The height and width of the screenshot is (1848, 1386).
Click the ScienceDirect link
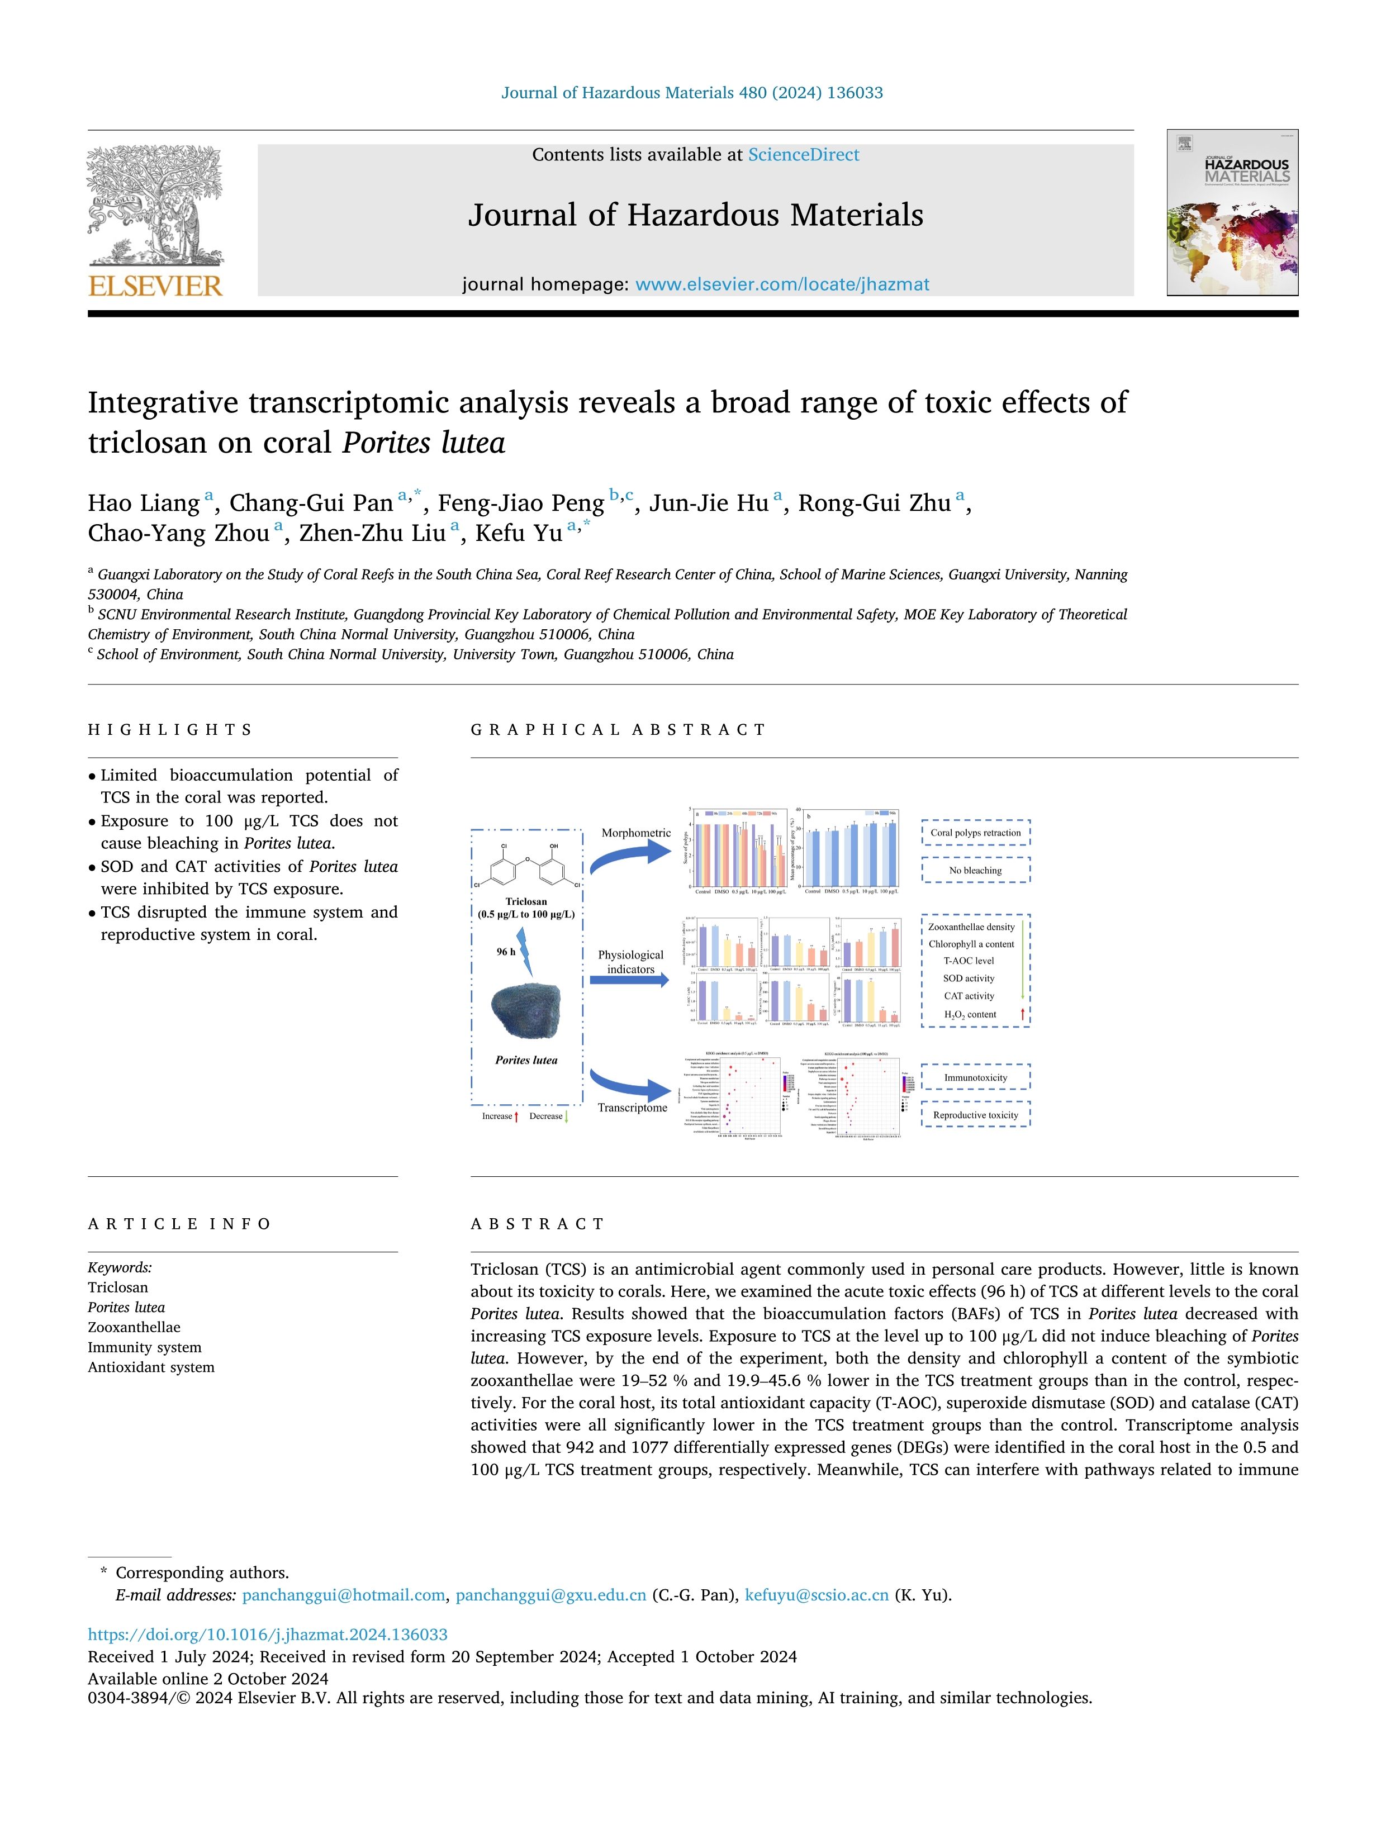coord(803,155)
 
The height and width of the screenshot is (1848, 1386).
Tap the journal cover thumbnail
coord(1232,212)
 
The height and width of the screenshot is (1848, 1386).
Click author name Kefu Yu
coord(518,533)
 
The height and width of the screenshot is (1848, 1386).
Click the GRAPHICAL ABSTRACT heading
coord(618,729)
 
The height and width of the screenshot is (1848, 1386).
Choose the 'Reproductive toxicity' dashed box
coord(975,1114)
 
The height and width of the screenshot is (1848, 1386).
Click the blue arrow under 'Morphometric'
coord(632,856)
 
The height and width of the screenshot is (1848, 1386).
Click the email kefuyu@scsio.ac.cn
coord(816,1595)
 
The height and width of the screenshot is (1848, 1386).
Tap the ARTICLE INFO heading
coord(179,1224)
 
